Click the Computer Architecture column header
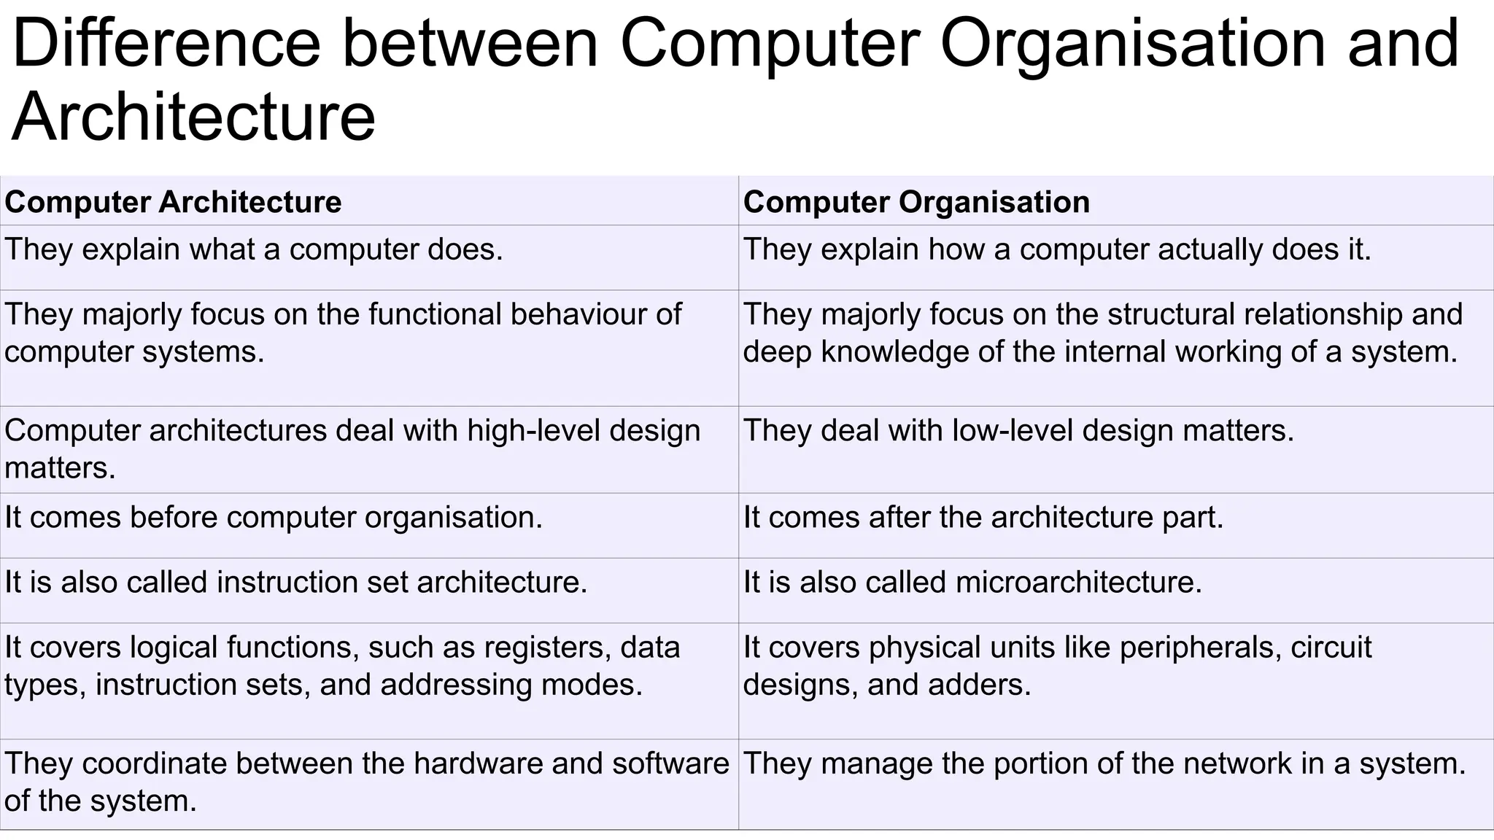pos(173,202)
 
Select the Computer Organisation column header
pos(916,202)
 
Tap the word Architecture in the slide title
pos(193,117)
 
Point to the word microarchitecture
pos(1077,583)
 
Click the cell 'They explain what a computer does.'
pos(254,249)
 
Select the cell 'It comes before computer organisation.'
pos(274,518)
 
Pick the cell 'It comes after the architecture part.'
pos(983,518)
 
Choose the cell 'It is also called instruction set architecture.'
pos(295,583)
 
